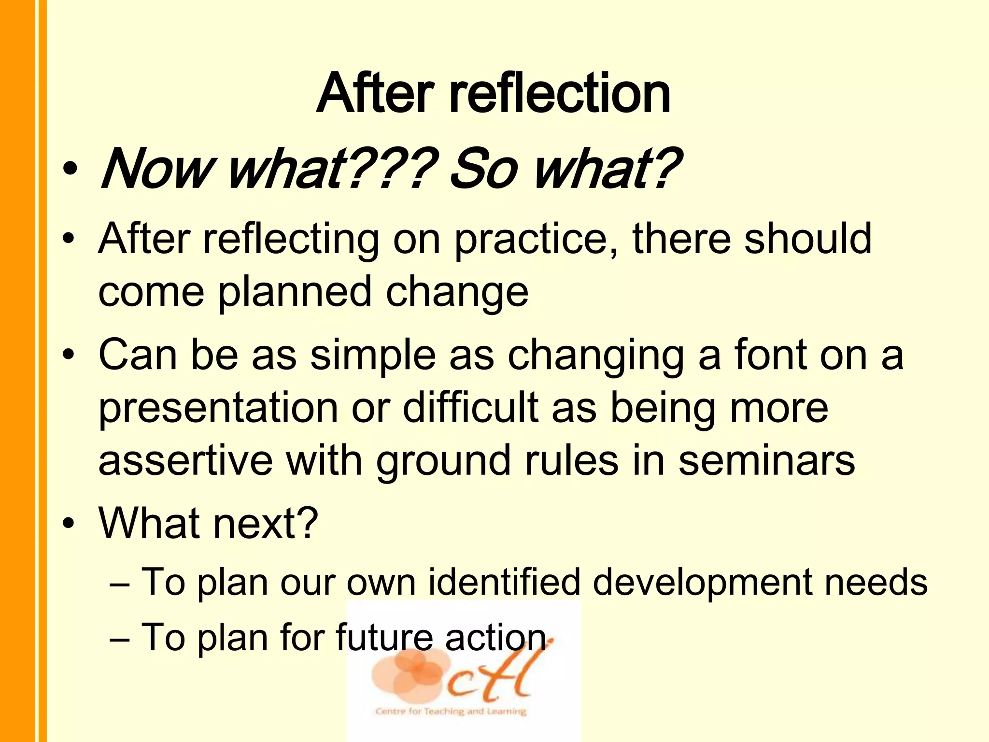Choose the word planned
pyautogui.click(x=295, y=291)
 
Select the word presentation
pyautogui.click(x=218, y=409)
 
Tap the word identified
pyautogui.click(x=504, y=582)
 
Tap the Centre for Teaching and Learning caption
pyautogui.click(x=450, y=711)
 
